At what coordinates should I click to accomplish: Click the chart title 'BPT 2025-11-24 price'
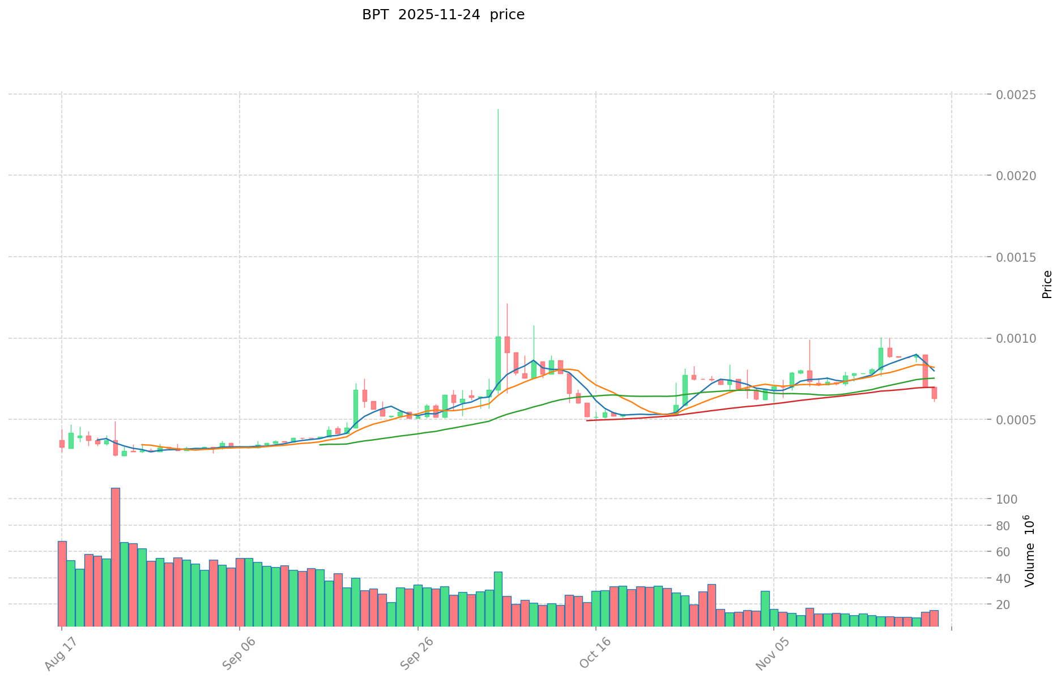pyautogui.click(x=443, y=15)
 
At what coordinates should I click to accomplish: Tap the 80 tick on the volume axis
pyautogui.click(x=1011, y=526)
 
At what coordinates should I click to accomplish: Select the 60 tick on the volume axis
pyautogui.click(x=1011, y=552)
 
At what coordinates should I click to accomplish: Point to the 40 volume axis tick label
pyautogui.click(x=1011, y=578)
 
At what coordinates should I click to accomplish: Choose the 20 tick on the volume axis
pyautogui.click(x=1011, y=605)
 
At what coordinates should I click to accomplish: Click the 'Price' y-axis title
pyautogui.click(x=1047, y=284)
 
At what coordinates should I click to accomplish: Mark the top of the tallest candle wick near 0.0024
pyautogui.click(x=498, y=109)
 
